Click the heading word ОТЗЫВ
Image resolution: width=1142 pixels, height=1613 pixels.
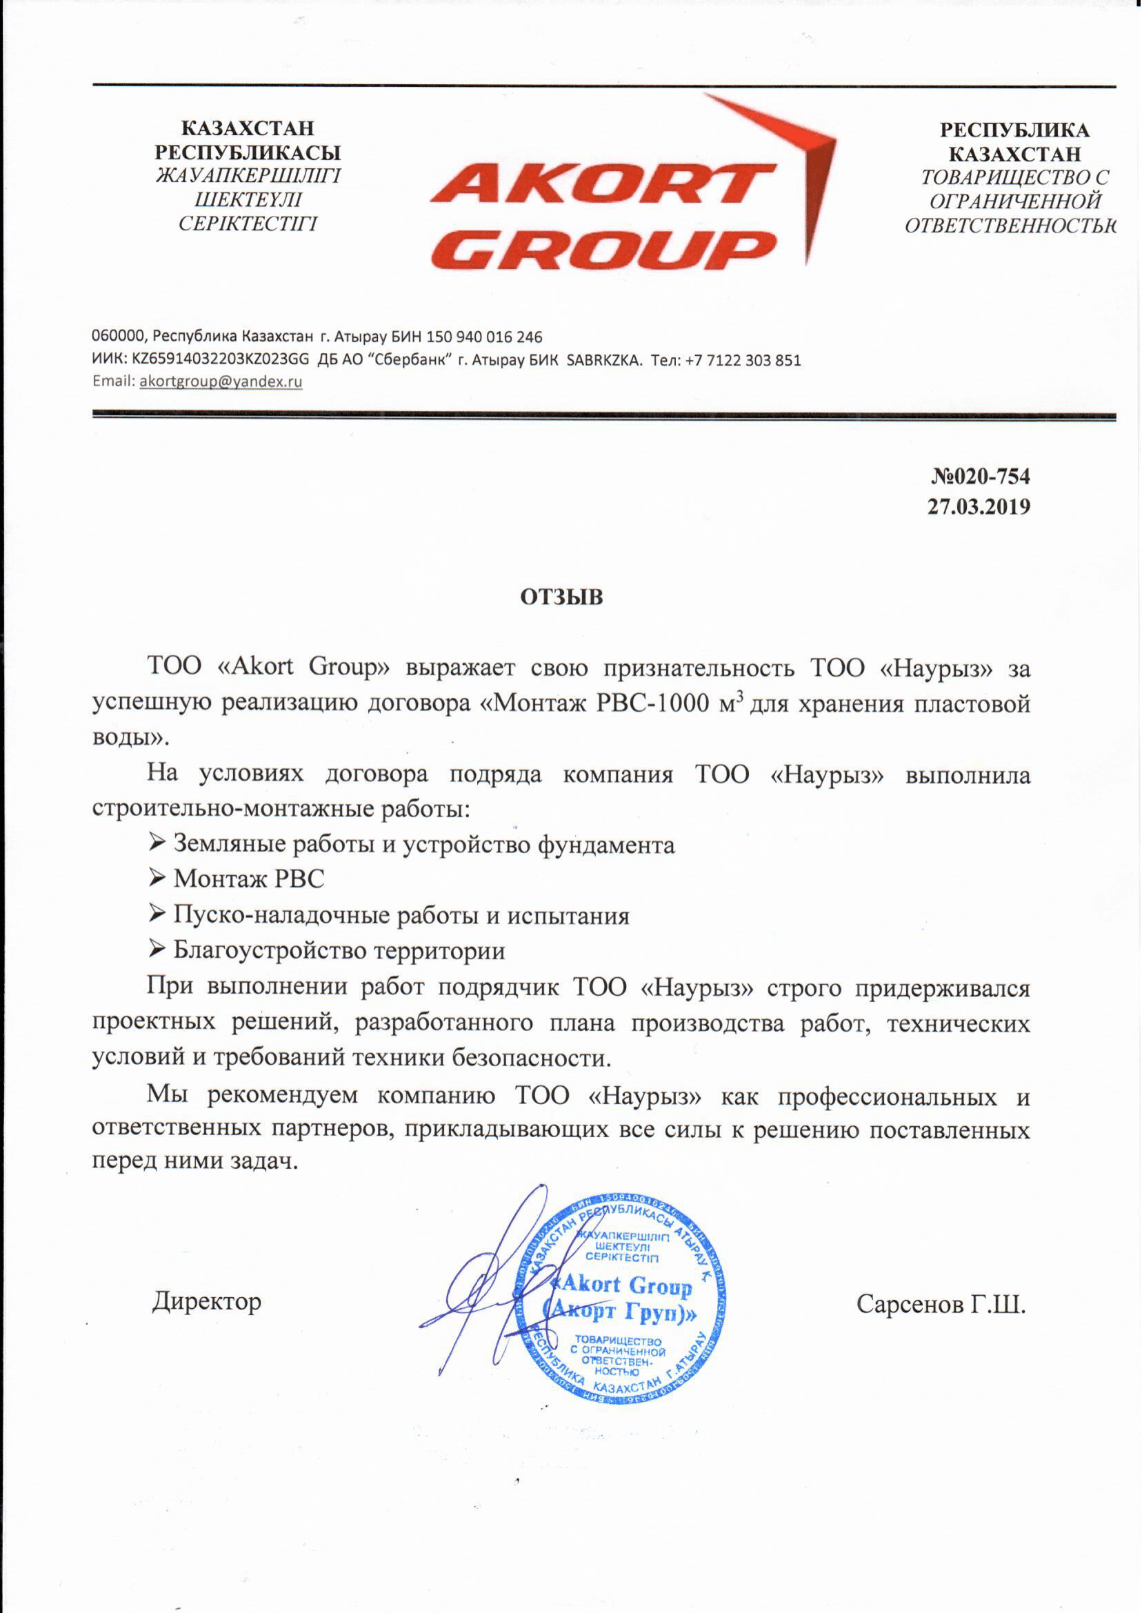561,597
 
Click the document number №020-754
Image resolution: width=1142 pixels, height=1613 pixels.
980,477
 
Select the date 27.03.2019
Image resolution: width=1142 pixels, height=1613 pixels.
978,506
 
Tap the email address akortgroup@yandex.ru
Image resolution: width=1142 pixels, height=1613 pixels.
221,382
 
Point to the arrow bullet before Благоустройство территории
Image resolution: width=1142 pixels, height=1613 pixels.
157,950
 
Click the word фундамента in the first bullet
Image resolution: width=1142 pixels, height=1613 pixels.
605,844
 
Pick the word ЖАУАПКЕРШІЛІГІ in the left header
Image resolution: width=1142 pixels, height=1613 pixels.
248,176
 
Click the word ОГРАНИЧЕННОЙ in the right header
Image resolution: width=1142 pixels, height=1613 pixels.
1014,202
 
